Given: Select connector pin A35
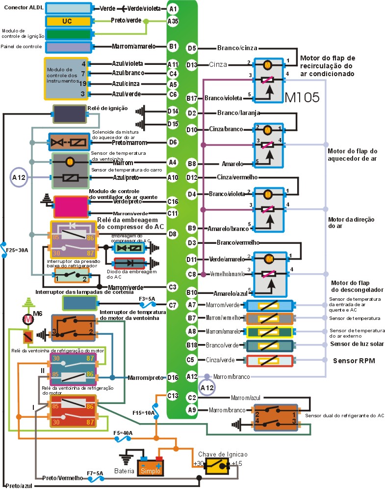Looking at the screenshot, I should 173,21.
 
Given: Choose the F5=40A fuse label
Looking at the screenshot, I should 123,433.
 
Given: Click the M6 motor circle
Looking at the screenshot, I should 27,319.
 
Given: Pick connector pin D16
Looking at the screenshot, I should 172,377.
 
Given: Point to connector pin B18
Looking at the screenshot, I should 192,345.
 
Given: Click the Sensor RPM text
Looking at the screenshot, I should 354,361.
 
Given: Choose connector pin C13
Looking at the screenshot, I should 172,395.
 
